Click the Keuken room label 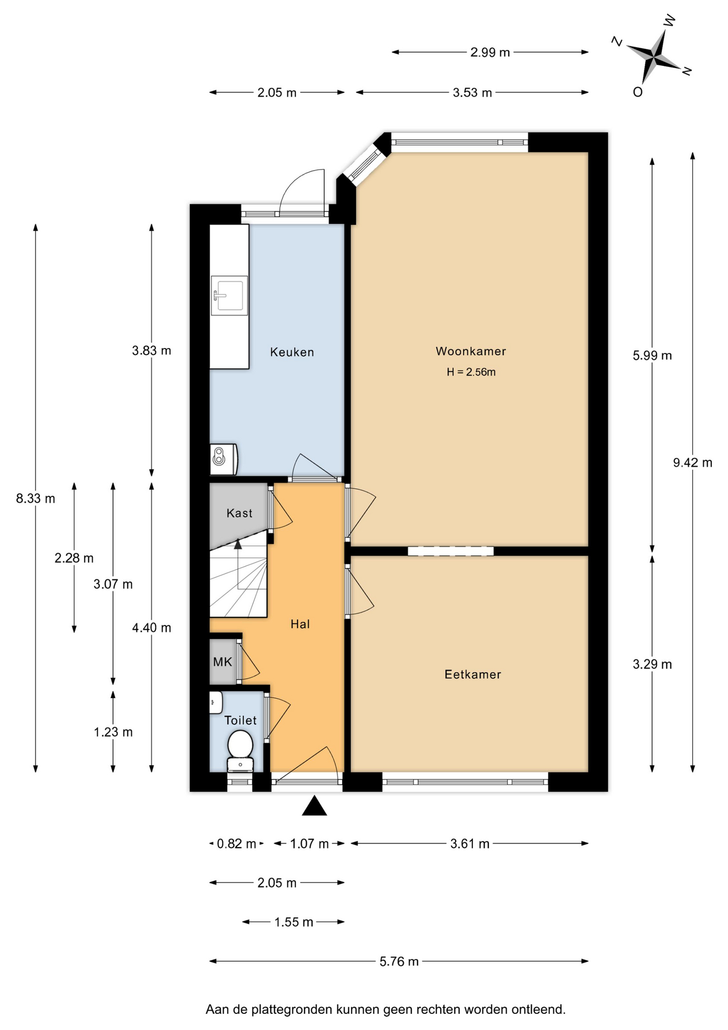click(x=292, y=352)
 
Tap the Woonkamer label click(x=471, y=351)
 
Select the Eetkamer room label click(x=472, y=674)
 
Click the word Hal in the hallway click(x=300, y=624)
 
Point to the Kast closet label click(x=239, y=513)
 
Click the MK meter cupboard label click(x=222, y=662)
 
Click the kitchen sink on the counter click(x=229, y=296)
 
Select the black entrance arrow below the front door click(x=314, y=806)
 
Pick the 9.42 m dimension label click(x=693, y=462)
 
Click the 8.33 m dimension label click(x=35, y=498)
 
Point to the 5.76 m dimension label click(x=399, y=961)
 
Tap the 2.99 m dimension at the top click(x=490, y=52)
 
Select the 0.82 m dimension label click(x=236, y=844)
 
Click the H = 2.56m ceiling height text click(x=471, y=372)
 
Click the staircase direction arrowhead click(x=237, y=545)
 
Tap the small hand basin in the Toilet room click(x=216, y=702)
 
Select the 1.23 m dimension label click(x=113, y=732)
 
